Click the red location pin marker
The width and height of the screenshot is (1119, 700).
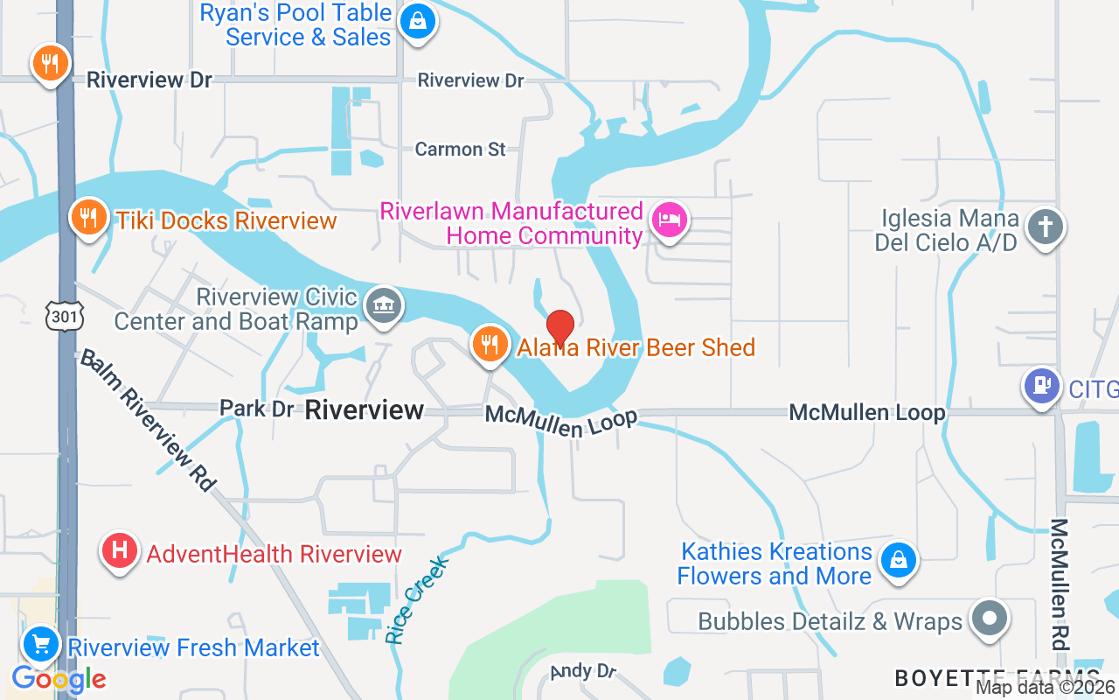coord(559,327)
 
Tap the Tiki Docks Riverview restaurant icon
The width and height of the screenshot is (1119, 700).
coord(88,216)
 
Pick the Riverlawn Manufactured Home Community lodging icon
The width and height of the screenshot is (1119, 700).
coord(670,220)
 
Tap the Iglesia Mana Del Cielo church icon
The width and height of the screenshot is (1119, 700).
coord(1045,227)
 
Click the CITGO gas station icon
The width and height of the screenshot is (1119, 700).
coord(1041,386)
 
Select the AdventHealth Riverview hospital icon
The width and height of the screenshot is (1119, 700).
coord(120,551)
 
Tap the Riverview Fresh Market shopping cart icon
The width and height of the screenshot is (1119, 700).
coord(40,646)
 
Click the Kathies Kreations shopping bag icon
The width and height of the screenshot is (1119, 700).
coord(898,561)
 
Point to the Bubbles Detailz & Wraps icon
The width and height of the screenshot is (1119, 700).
coord(990,619)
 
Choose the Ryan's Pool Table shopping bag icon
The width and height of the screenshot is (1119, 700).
coord(418,21)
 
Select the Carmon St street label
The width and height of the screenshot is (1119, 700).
coord(460,150)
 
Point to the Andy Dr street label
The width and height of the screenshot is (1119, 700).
coord(583,672)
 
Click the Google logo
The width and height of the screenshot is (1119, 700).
coord(59,678)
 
